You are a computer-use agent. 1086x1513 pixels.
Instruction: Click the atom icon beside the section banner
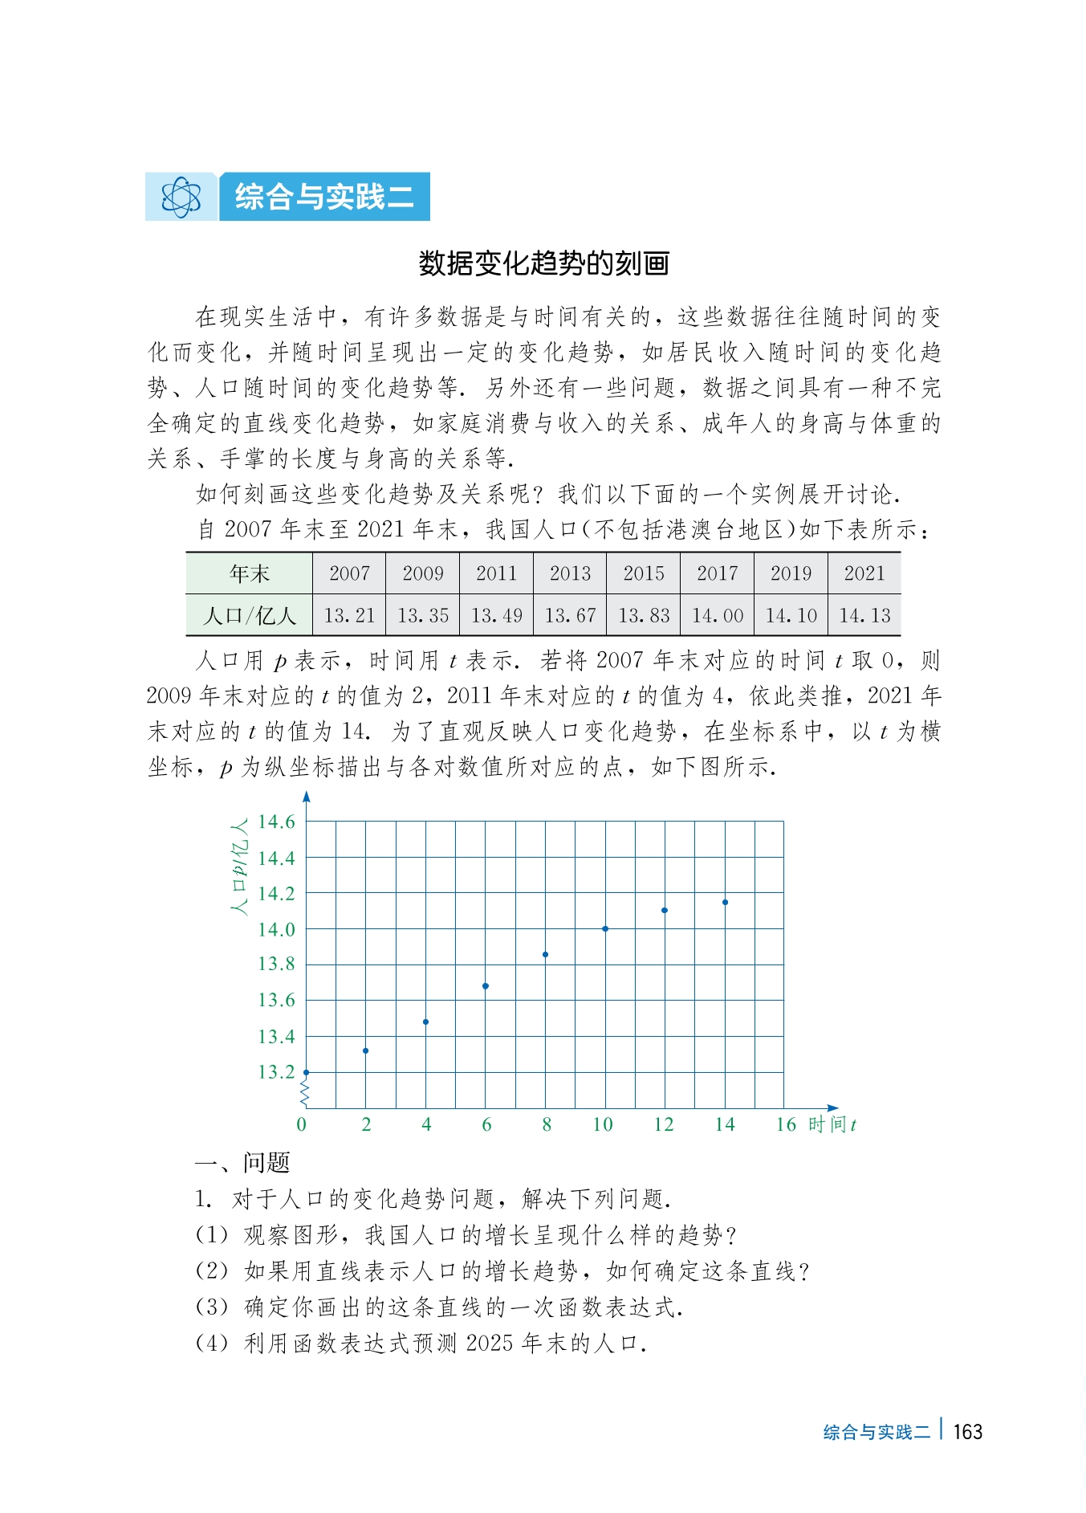pyautogui.click(x=181, y=197)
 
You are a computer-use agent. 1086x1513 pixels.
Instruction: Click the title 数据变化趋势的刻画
pyautogui.click(x=543, y=263)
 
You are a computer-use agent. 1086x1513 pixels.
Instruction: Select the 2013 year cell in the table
pyautogui.click(x=570, y=573)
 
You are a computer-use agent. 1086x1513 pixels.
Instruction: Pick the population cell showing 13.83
pyautogui.click(x=644, y=616)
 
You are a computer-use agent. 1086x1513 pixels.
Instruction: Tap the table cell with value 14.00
pyautogui.click(x=718, y=616)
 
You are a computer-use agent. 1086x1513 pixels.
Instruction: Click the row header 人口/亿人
pyautogui.click(x=250, y=616)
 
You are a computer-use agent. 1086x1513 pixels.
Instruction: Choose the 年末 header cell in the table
pyautogui.click(x=250, y=573)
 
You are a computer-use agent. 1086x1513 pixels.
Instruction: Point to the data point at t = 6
pyautogui.click(x=486, y=986)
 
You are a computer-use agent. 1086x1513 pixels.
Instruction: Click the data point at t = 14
pyautogui.click(x=725, y=903)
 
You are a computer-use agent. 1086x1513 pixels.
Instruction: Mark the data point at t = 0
pyautogui.click(x=306, y=1072)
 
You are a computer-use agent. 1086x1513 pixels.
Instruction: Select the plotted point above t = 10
pyautogui.click(x=605, y=929)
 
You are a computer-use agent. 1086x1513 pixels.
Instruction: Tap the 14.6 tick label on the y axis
pyautogui.click(x=276, y=822)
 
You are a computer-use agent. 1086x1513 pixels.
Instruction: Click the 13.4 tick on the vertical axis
pyautogui.click(x=276, y=1037)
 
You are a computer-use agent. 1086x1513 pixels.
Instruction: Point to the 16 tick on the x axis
pyautogui.click(x=785, y=1124)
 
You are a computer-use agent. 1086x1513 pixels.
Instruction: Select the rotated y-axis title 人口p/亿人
pyautogui.click(x=239, y=867)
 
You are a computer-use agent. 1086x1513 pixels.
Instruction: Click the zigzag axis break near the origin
pyautogui.click(x=304, y=1094)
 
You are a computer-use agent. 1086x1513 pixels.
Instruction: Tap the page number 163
pyautogui.click(x=968, y=1432)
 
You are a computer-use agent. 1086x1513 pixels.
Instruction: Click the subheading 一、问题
pyautogui.click(x=242, y=1162)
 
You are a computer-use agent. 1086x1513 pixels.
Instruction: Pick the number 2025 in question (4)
pyautogui.click(x=489, y=1343)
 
